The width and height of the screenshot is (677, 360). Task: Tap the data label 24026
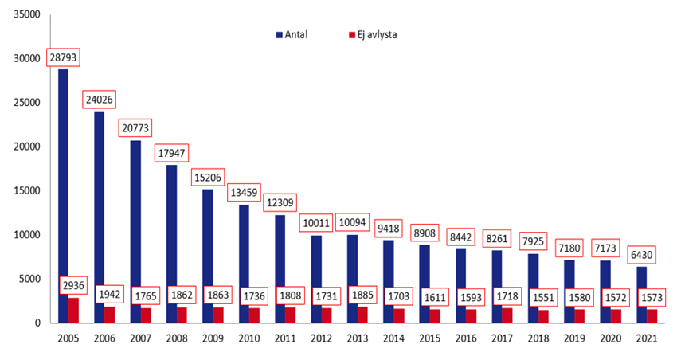click(100, 100)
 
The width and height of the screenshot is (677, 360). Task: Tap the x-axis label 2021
click(646, 338)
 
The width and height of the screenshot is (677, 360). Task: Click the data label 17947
click(172, 153)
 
